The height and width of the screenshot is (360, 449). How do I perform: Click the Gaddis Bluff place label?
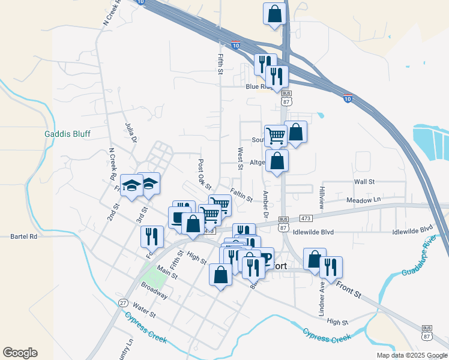point(67,134)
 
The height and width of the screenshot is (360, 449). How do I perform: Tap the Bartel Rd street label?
point(24,236)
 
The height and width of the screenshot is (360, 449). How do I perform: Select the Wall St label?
point(364,181)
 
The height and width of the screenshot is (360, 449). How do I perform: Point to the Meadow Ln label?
point(364,199)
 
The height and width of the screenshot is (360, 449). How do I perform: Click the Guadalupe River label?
point(420,259)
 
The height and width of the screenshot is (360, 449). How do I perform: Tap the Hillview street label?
point(322,197)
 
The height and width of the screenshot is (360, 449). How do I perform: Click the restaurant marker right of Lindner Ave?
point(331,266)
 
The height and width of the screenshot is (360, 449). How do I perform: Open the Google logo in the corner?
point(20,353)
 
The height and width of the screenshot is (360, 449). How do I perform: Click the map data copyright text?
point(411,355)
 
